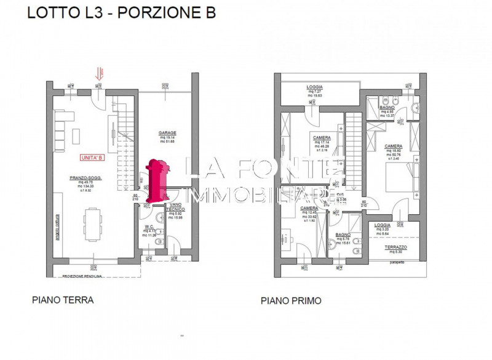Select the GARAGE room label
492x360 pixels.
coord(167,133)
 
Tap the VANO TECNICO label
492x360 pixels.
coord(175,207)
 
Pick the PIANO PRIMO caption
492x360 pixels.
coord(290,301)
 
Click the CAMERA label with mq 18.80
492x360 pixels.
coord(394,146)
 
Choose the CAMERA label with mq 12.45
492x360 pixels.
coord(309,208)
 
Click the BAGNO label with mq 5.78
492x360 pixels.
coord(343,234)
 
